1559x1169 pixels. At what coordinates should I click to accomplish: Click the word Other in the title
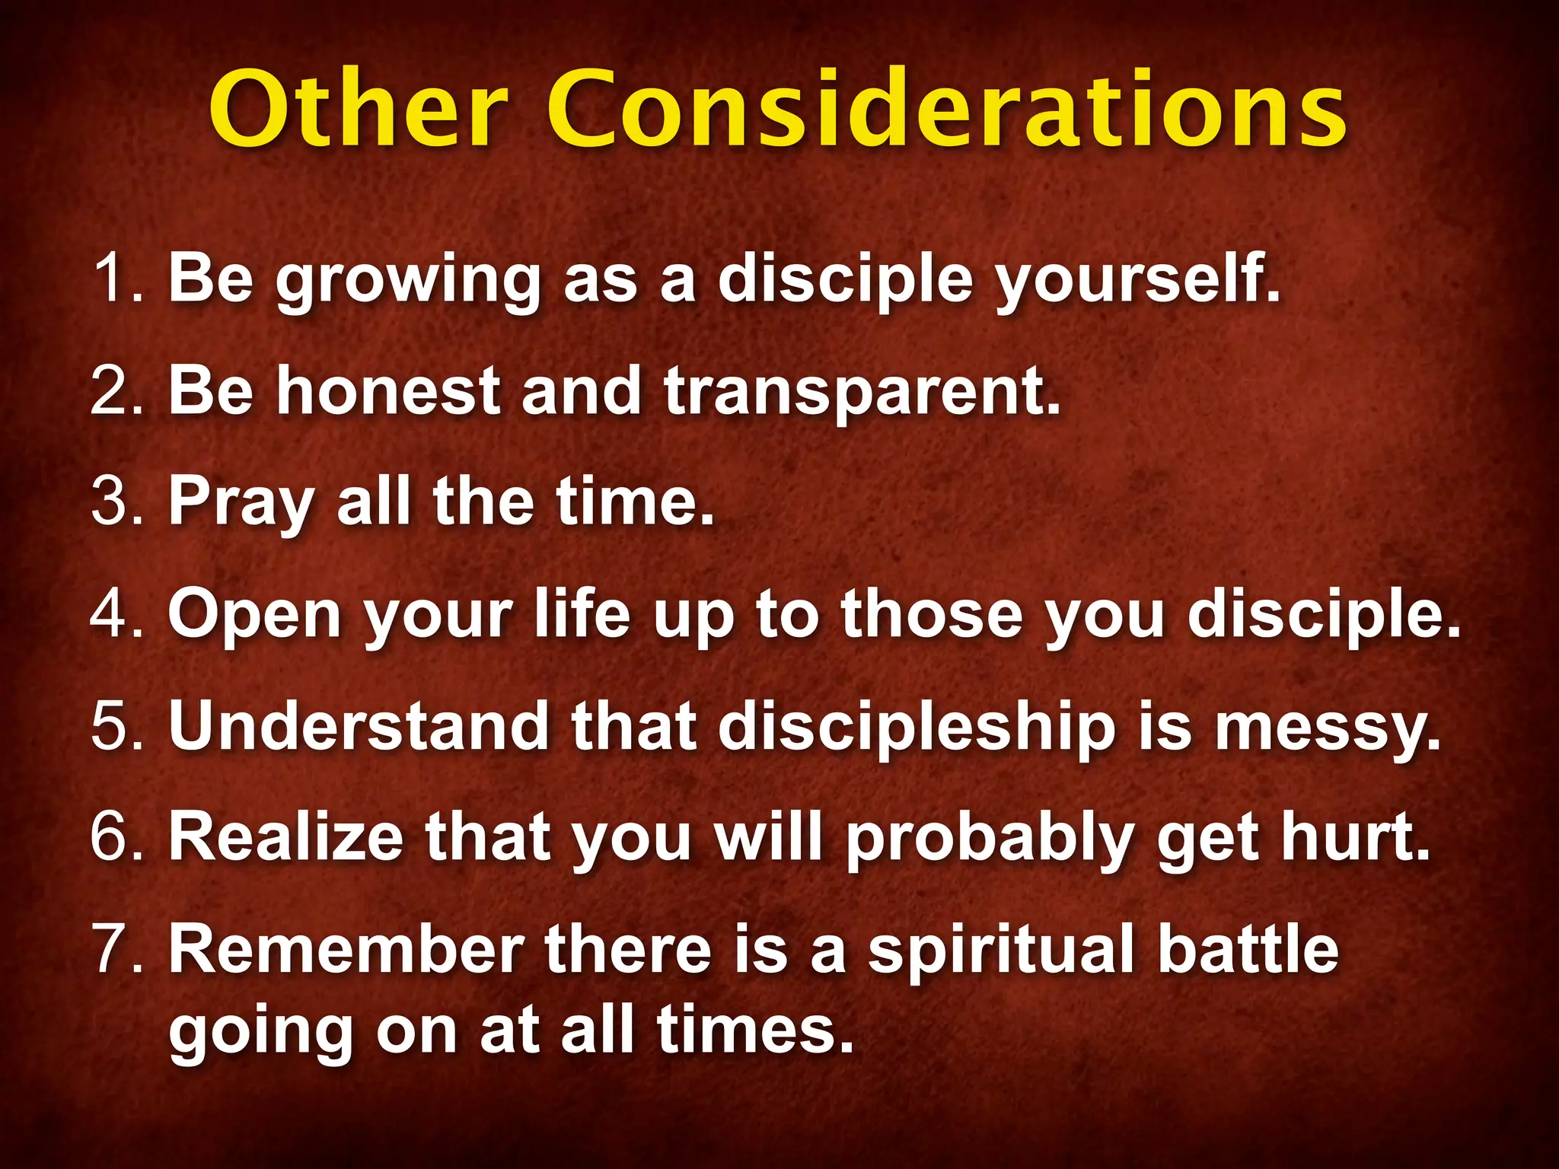(x=358, y=110)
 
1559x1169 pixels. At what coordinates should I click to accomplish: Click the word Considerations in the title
(x=947, y=110)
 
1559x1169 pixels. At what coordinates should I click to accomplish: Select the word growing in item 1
(x=408, y=282)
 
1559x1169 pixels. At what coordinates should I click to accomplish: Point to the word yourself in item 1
(x=1137, y=282)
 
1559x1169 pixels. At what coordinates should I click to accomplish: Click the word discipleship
(x=917, y=728)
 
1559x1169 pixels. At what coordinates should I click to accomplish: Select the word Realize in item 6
(x=285, y=836)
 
